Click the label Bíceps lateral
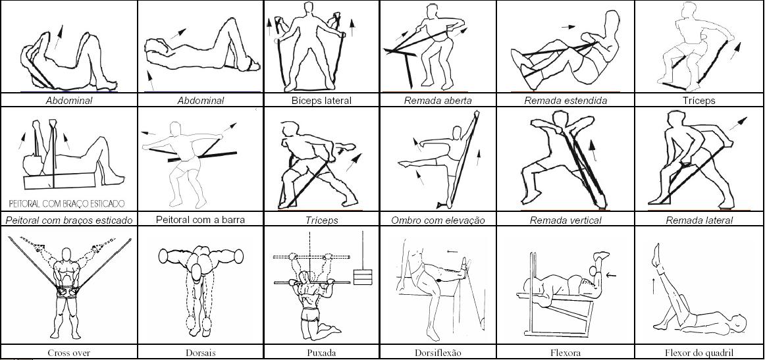[321, 101]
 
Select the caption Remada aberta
[438, 101]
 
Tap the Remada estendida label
[566, 101]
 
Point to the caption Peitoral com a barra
[201, 220]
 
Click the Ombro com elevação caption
[438, 220]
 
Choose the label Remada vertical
[566, 220]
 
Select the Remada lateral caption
[699, 220]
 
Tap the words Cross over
[68, 353]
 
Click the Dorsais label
[201, 353]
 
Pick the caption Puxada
[321, 353]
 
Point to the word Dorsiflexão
[438, 353]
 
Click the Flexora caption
[566, 353]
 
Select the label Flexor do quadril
[699, 353]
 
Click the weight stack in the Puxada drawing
[363, 276]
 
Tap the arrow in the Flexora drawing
[611, 276]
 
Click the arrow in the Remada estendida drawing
[568, 27]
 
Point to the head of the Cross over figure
[66, 254]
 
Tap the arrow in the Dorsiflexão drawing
[452, 251]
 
